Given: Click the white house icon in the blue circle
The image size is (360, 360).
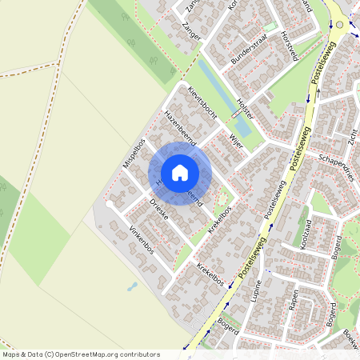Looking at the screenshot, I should click(180, 172).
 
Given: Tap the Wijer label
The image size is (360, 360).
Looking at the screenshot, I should click(235, 142).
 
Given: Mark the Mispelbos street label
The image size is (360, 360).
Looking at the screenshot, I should click(132, 161).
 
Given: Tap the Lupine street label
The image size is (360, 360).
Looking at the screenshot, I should click(257, 294).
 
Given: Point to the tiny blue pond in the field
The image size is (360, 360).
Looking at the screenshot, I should click(132, 286).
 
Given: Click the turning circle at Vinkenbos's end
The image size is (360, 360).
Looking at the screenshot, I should click(110, 204).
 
